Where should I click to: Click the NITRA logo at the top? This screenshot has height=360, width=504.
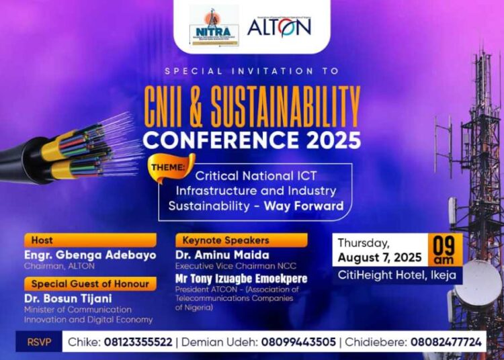pyautogui.click(x=214, y=27)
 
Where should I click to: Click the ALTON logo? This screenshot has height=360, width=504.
pyautogui.click(x=279, y=26)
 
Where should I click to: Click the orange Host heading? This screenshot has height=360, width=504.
pyautogui.click(x=42, y=240)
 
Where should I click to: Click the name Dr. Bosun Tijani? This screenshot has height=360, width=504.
pyautogui.click(x=65, y=298)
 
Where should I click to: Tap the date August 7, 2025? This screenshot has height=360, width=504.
pyautogui.click(x=379, y=258)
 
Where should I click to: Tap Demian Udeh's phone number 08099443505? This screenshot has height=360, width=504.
pyautogui.click(x=301, y=343)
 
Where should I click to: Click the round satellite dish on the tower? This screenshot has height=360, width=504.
pyautogui.click(x=478, y=283)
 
